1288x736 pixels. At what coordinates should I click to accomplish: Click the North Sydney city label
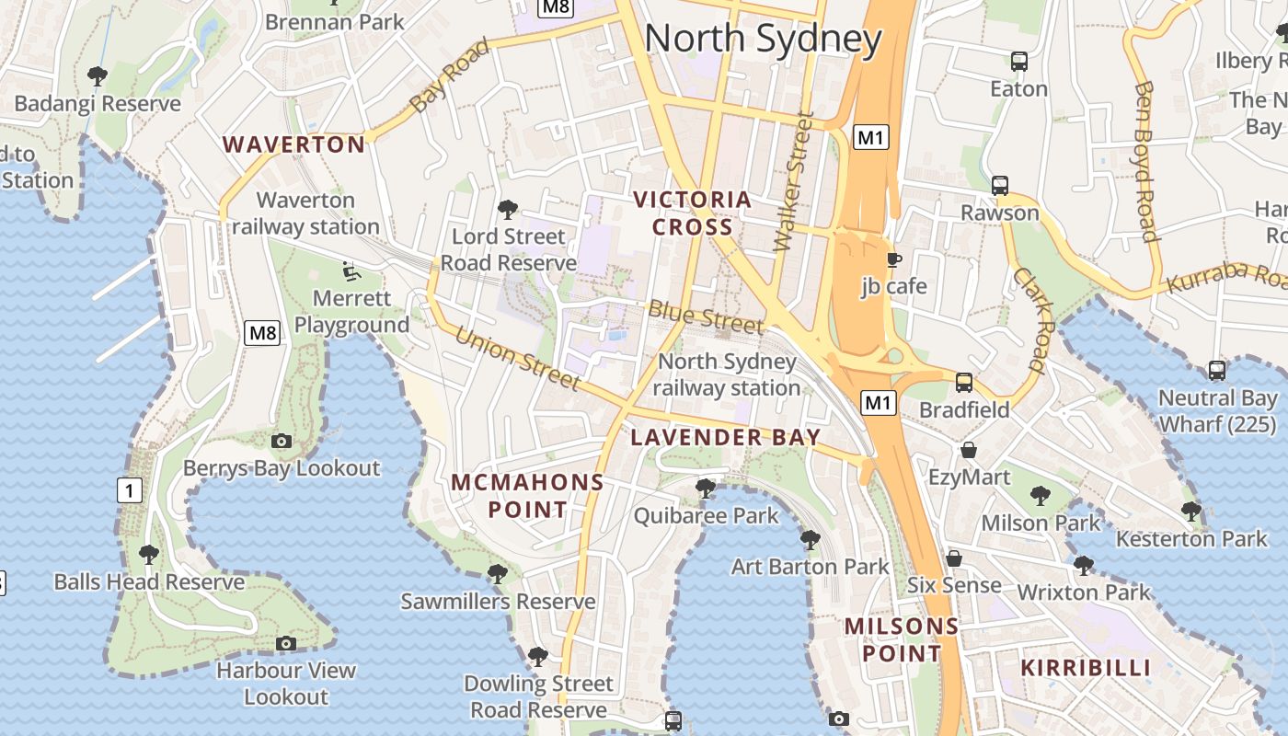tap(763, 39)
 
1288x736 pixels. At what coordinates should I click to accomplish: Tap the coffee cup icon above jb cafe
tap(893, 259)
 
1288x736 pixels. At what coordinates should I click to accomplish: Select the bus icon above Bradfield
tap(964, 382)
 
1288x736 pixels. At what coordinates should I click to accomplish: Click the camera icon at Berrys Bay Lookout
tap(282, 442)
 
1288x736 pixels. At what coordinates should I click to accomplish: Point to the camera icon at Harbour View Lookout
tap(286, 643)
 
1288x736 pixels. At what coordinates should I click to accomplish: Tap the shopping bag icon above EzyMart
tap(969, 450)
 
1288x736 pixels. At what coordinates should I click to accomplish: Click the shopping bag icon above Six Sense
tap(954, 558)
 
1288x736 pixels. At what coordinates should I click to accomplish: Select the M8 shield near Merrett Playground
tap(261, 333)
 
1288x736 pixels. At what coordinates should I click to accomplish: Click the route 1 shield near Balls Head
tap(130, 491)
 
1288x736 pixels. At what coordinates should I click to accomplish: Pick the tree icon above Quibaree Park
tap(706, 488)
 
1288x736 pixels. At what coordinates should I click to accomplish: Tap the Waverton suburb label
tap(294, 144)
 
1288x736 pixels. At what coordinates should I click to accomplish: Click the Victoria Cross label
tap(693, 213)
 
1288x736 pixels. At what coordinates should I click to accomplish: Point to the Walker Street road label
tap(794, 182)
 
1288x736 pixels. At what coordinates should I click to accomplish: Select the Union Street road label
tap(517, 359)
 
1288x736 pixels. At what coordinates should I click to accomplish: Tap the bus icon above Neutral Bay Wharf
tap(1216, 371)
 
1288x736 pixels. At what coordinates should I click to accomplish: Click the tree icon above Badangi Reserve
tap(97, 75)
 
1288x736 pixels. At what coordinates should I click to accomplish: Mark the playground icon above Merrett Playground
tap(351, 270)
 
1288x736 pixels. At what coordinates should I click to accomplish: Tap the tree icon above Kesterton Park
tap(1191, 511)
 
